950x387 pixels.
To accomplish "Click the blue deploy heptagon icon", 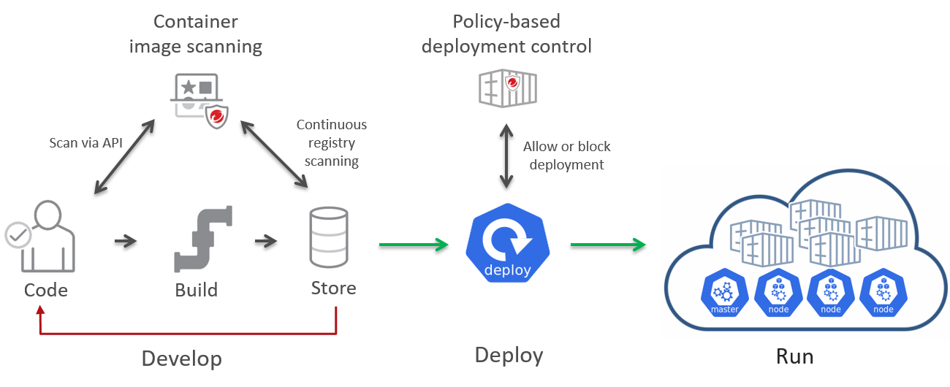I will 506,243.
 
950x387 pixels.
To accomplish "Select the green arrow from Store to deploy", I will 413,243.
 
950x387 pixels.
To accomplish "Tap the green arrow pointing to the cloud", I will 608,243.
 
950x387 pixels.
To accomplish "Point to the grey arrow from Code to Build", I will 126,240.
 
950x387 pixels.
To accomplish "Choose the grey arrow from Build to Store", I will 266,240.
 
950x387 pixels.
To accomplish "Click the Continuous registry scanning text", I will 332,143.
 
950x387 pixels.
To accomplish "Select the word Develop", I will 181,359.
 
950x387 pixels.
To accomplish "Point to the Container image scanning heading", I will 195,34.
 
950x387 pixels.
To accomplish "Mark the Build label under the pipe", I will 197,290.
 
